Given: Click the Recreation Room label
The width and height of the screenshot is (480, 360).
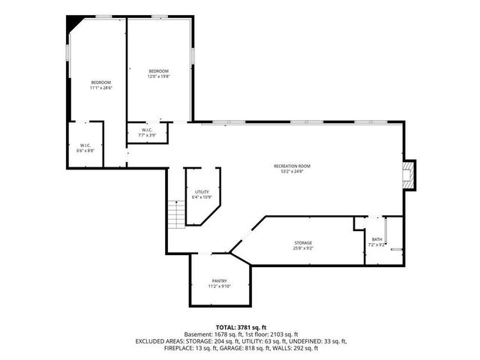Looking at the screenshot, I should [292, 166].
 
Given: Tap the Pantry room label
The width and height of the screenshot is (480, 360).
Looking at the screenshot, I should [220, 280].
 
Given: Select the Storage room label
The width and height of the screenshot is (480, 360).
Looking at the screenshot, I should [303, 242].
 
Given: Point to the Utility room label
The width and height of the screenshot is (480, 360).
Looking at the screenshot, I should [202, 192].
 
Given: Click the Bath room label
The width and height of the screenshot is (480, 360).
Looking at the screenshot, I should [376, 239].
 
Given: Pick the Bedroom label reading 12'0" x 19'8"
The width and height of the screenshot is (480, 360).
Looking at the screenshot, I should [158, 70].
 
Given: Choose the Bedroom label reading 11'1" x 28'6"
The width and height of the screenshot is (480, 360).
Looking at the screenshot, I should [101, 82].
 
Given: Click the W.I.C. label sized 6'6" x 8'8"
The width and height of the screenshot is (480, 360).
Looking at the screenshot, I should [85, 145].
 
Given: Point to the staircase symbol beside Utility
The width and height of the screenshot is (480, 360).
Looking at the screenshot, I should [175, 214].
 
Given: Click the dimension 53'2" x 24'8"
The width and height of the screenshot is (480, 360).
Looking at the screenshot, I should [292, 171].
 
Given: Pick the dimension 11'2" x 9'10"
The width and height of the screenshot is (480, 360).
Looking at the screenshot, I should [220, 286].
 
